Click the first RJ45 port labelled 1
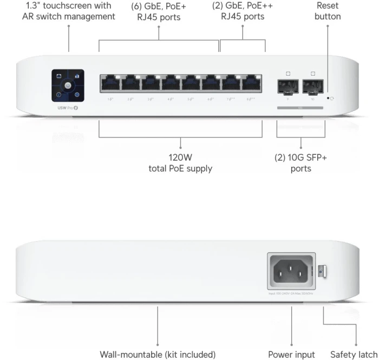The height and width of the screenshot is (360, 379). click(x=110, y=83)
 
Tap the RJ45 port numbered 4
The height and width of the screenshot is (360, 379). click(x=171, y=83)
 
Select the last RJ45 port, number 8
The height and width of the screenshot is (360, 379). click(x=252, y=83)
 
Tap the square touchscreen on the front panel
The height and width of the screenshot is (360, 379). click(x=68, y=86)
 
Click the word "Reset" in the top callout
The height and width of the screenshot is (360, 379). click(x=328, y=5)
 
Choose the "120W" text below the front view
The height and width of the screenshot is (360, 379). click(x=180, y=158)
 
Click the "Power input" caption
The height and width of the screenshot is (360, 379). click(x=291, y=355)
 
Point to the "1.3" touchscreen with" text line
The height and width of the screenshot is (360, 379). click(x=69, y=5)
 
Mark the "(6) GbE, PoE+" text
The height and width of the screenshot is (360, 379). click(x=159, y=6)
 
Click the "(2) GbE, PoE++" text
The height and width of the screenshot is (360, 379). click(x=242, y=6)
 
